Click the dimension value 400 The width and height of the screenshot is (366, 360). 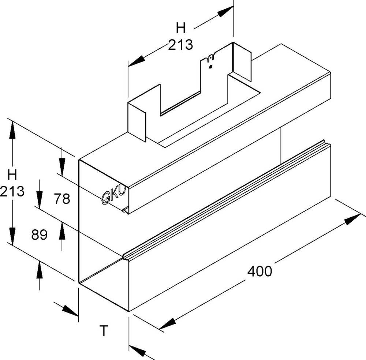tap(259, 271)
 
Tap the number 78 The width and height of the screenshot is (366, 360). tap(61, 199)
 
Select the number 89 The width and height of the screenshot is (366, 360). tap(39, 235)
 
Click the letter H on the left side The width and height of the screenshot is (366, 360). tap(12, 175)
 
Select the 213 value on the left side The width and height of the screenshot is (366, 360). tap(12, 191)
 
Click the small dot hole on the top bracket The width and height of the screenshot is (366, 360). tap(210, 67)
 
